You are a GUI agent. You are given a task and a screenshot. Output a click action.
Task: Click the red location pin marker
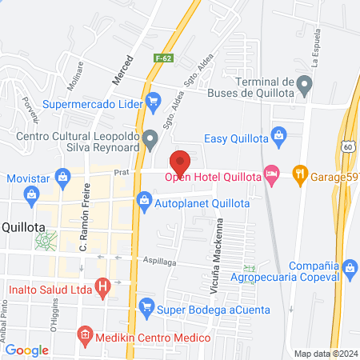180,162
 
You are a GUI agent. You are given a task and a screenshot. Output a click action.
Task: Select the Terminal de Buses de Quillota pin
303,83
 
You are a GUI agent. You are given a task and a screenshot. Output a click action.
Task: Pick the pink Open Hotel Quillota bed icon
274,173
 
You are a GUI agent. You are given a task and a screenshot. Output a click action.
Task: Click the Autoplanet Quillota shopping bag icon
144,200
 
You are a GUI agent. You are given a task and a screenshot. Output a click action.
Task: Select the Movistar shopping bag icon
31,194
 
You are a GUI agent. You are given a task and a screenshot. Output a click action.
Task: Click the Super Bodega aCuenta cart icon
146,306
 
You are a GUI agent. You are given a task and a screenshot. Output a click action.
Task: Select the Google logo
26,350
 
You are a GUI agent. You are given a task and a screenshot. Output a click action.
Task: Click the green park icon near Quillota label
50,238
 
